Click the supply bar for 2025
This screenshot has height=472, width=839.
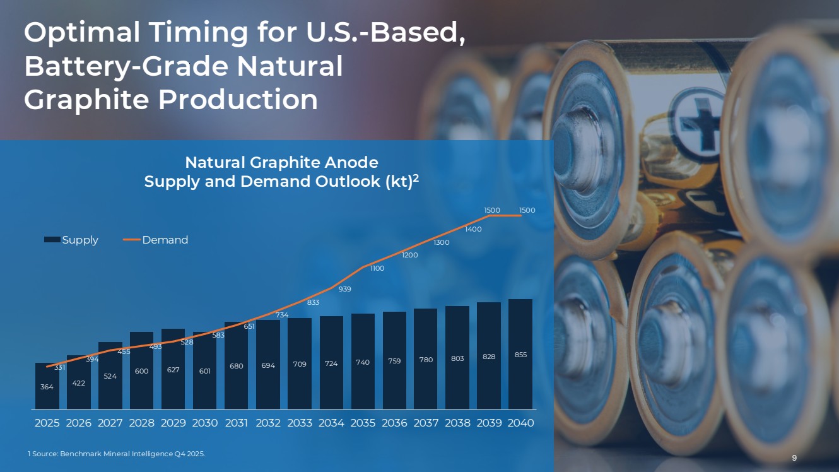point(47,386)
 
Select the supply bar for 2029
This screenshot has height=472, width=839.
point(173,369)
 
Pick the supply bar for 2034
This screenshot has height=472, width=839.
point(331,362)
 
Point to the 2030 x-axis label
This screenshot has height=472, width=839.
point(205,423)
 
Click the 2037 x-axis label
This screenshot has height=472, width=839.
point(426,423)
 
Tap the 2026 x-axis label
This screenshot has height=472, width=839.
point(79,423)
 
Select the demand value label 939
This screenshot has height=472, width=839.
point(345,289)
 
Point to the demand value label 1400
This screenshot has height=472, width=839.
point(473,229)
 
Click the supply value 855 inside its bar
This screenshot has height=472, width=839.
point(520,355)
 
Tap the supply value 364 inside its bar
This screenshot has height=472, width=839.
point(47,387)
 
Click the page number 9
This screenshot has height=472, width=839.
point(795,457)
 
